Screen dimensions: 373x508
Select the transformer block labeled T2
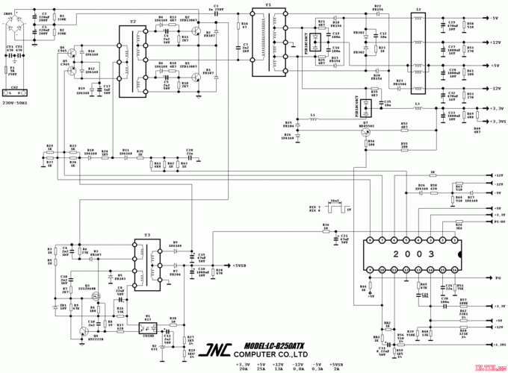click(x=134, y=59)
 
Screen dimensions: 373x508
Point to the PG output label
click(x=495, y=277)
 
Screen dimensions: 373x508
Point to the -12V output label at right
click(x=495, y=88)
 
